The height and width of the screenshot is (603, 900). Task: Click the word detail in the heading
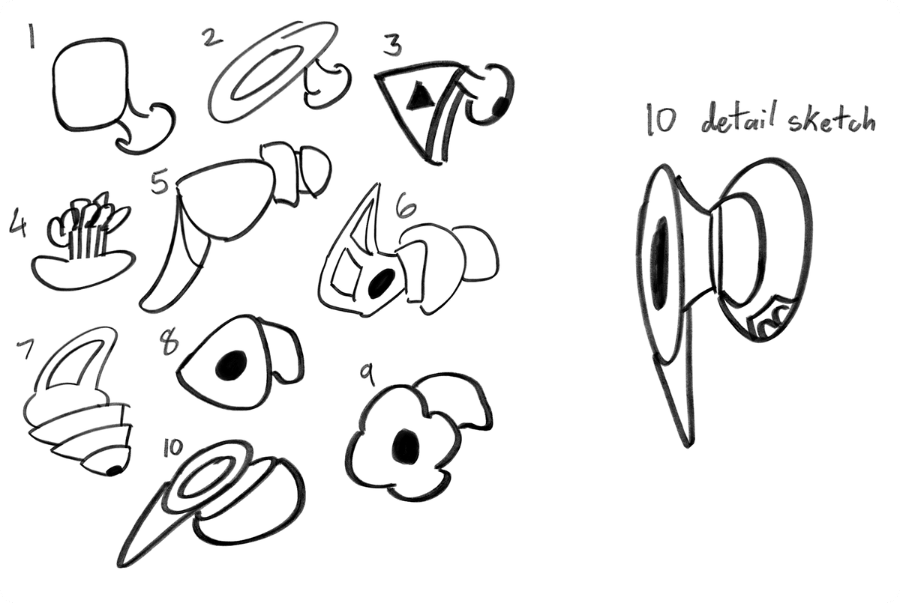coord(730,121)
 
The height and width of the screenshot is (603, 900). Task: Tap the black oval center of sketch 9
coord(406,445)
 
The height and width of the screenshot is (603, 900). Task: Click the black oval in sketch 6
coord(382,282)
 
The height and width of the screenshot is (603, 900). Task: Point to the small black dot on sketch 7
coord(114,470)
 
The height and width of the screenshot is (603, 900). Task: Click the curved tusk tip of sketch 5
coord(147,303)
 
